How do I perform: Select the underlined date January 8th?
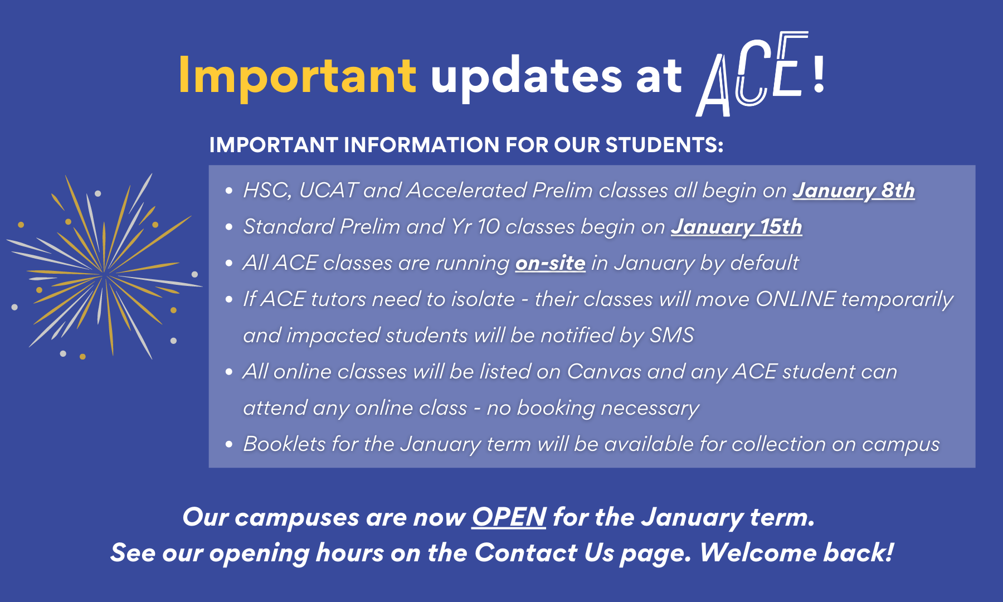[x=853, y=191]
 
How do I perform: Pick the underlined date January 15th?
[x=736, y=227]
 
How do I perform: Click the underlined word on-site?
[x=550, y=263]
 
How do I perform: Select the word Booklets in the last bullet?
[x=284, y=444]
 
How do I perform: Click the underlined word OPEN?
[x=509, y=517]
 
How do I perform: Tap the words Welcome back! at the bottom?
[x=796, y=553]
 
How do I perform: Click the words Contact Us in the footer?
[x=543, y=553]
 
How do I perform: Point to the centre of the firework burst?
[x=104, y=273]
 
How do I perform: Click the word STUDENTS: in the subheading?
[x=664, y=145]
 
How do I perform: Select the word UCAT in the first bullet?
[x=328, y=191]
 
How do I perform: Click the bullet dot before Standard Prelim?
[x=228, y=227]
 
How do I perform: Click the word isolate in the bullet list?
[x=483, y=299]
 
